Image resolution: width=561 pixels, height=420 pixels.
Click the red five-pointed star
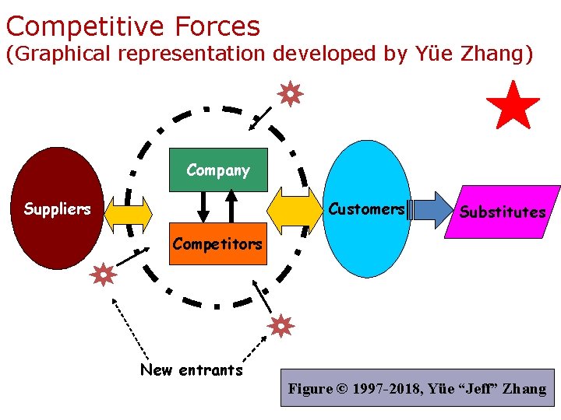pyautogui.click(x=513, y=106)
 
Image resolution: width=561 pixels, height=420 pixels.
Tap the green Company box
pyautogui.click(x=218, y=170)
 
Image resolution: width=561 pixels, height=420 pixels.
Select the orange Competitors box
pyautogui.click(x=217, y=244)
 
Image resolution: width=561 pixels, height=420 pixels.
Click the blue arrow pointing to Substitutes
pyautogui.click(x=433, y=209)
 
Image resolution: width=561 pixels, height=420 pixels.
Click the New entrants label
pyautogui.click(x=192, y=370)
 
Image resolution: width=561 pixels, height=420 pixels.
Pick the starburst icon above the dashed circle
pyautogui.click(x=290, y=95)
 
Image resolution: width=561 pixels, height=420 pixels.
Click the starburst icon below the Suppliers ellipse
pyautogui.click(x=103, y=274)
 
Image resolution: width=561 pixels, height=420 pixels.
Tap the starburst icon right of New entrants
pyautogui.click(x=280, y=325)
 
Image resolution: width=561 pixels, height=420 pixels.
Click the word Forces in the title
pyautogui.click(x=217, y=26)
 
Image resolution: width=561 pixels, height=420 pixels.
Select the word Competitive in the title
pyautogui.click(x=86, y=26)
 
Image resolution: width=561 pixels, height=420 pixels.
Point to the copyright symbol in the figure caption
pyautogui.click(x=340, y=389)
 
